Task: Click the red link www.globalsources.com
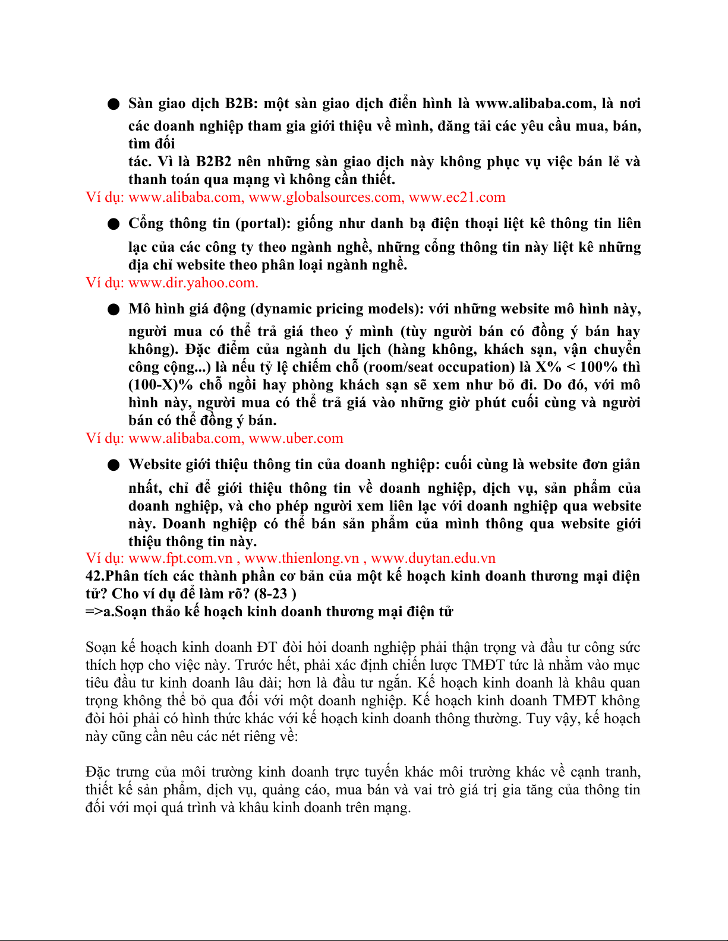point(326,197)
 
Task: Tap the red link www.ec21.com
point(457,197)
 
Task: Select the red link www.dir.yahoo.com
point(193,283)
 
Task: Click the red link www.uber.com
point(295,438)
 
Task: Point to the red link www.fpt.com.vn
point(180,558)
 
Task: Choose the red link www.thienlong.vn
point(302,558)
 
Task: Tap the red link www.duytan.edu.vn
point(433,558)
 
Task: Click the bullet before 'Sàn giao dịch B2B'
point(114,104)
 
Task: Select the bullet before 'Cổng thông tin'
point(114,224)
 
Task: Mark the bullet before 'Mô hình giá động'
point(114,310)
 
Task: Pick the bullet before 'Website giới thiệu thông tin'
point(114,465)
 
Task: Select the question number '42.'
point(95,576)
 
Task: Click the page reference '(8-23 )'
point(275,594)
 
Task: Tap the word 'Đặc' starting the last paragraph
point(98,772)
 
